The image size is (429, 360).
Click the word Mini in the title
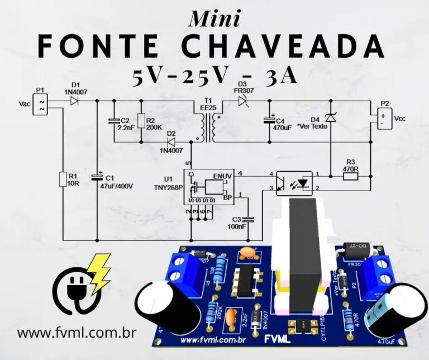pyautogui.click(x=215, y=18)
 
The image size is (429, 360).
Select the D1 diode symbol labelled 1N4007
pyautogui.click(x=74, y=101)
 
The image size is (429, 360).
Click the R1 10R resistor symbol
pyautogui.click(x=63, y=179)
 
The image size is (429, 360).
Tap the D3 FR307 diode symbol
pyautogui.click(x=242, y=101)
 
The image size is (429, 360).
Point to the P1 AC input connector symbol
pyautogui.click(x=40, y=105)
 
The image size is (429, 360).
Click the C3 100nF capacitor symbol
pyautogui.click(x=249, y=219)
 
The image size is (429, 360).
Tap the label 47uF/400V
pyautogui.click(x=116, y=186)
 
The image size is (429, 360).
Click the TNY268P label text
pyautogui.click(x=168, y=187)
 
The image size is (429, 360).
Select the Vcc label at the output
pyautogui.click(x=400, y=119)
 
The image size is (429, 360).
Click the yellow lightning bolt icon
pyautogui.click(x=100, y=272)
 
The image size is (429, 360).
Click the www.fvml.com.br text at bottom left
pyautogui.click(x=77, y=333)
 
